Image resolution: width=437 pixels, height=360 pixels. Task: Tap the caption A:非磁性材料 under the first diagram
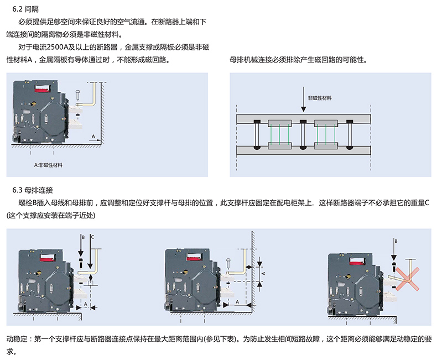[49, 165]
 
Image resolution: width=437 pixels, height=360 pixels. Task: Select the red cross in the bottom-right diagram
[408, 273]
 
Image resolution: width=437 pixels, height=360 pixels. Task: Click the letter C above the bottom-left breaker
[92, 237]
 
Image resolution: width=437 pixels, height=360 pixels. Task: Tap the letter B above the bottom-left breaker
[82, 237]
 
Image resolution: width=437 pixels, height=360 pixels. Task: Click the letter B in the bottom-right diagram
[396, 241]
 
